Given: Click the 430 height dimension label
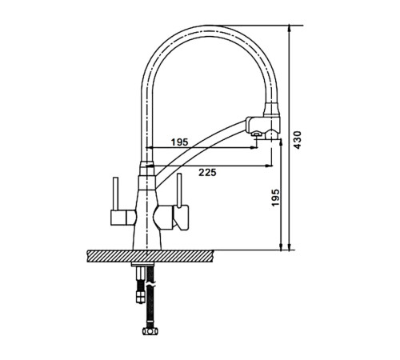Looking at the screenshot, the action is (x=298, y=140).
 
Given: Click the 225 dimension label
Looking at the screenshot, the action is (x=207, y=173).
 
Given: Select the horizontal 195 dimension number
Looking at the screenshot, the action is (x=179, y=142).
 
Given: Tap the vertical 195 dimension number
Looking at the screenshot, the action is (x=275, y=198).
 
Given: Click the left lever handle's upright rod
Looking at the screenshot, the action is (x=116, y=194).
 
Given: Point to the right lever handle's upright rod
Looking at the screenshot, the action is (x=179, y=190).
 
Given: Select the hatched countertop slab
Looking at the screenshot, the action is (x=150, y=256).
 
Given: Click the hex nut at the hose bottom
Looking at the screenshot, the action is (x=150, y=331).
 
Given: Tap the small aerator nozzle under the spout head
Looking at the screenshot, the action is (x=257, y=134).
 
